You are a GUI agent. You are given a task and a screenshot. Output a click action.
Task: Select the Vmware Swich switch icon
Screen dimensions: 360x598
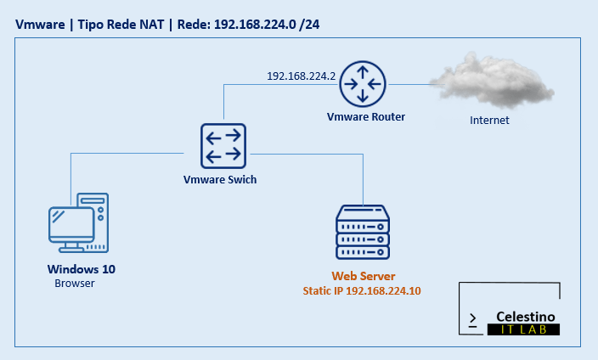pos(223,145)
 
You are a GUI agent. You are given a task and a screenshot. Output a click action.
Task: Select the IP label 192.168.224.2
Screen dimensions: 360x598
pos(302,76)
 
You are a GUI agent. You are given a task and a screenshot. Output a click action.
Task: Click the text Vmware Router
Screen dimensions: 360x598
pos(365,116)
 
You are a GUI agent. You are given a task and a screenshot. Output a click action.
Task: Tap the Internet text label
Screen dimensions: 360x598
pos(489,121)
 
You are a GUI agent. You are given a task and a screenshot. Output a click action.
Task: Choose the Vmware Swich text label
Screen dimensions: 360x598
pos(220,180)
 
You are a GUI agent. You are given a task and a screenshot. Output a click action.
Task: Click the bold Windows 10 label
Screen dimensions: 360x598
pos(82,269)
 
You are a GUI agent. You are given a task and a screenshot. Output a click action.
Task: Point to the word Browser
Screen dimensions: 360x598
pos(75,284)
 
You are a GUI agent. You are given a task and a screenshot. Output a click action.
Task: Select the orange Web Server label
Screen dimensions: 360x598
pos(364,277)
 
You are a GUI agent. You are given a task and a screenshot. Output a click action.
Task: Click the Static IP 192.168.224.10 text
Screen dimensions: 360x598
pos(363,290)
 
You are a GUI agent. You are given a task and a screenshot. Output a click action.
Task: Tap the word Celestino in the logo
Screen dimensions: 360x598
pos(527,316)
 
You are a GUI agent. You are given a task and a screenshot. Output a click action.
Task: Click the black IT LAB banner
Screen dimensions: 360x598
pos(524,330)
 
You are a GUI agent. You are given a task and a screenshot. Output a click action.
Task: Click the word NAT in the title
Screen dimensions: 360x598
pos(153,24)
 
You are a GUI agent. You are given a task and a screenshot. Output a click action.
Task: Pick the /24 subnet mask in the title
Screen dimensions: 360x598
pos(308,24)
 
